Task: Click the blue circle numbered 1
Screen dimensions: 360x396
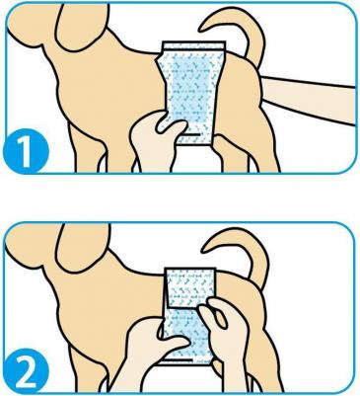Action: pos(26,151)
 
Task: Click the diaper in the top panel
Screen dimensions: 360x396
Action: pos(190,93)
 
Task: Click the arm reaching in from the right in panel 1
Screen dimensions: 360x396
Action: pos(309,99)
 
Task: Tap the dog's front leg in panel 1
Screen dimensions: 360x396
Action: pos(92,145)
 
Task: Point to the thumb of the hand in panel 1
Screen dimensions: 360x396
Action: pos(171,127)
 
